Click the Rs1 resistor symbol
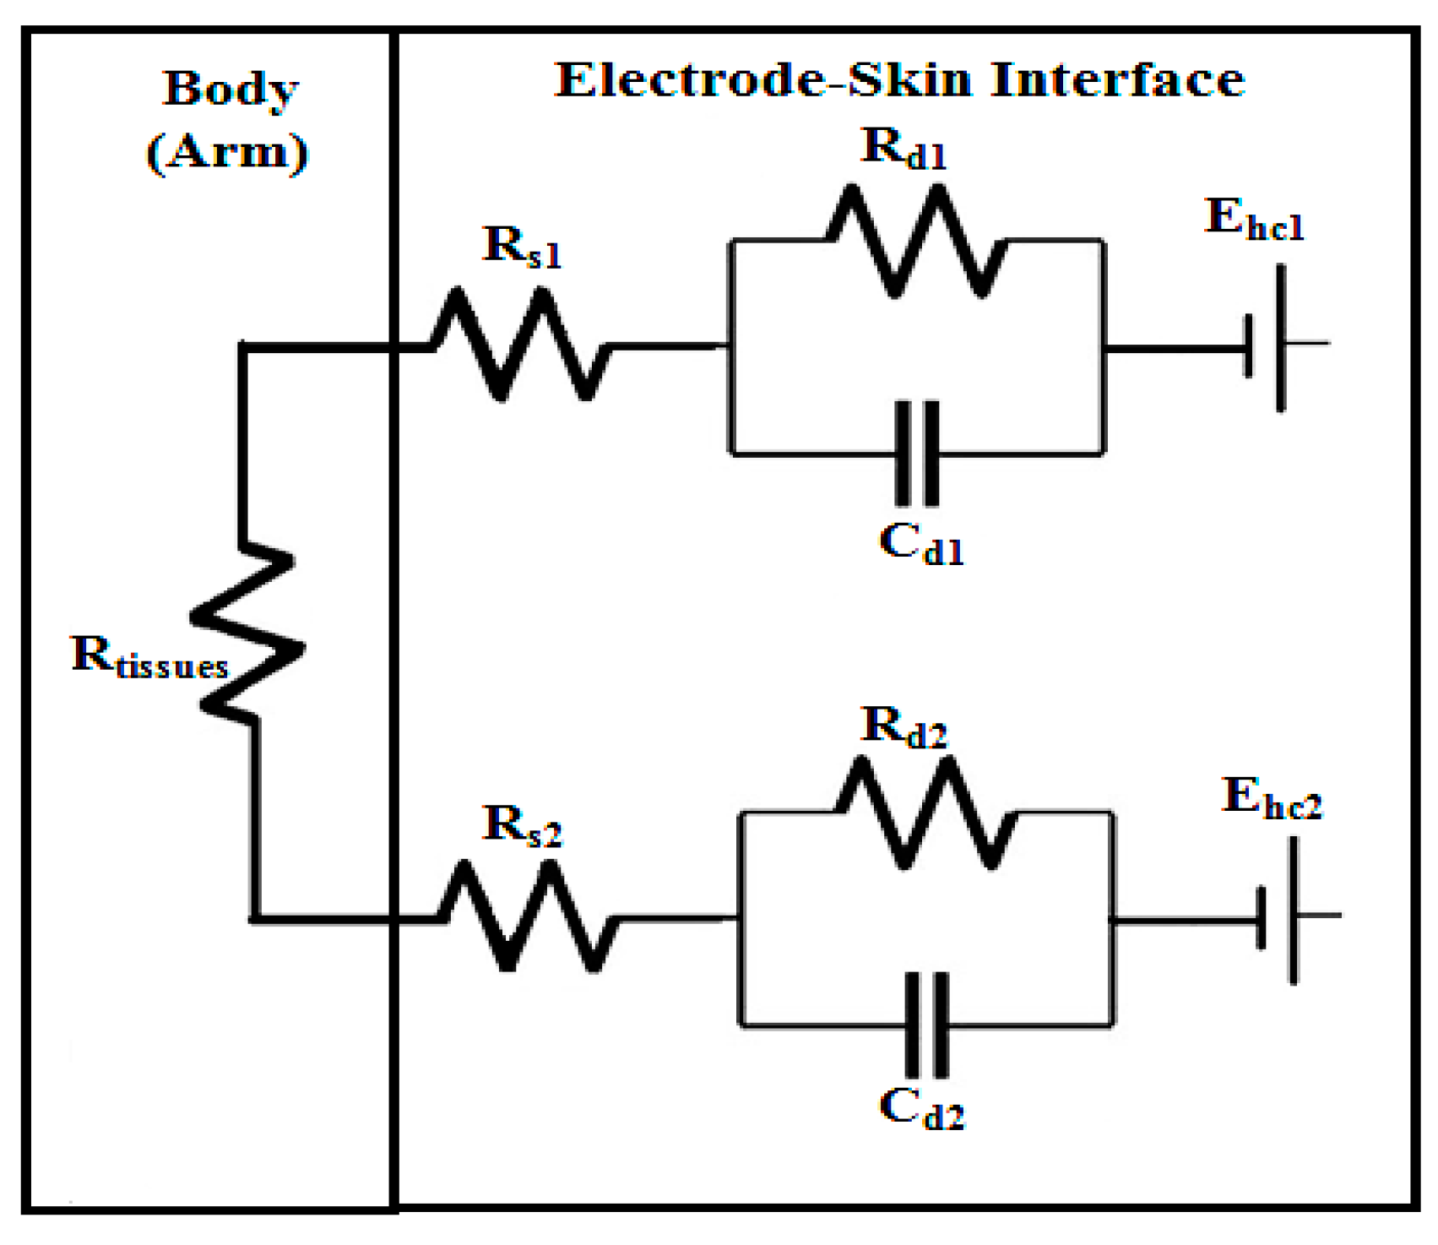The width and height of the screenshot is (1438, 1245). click(x=521, y=345)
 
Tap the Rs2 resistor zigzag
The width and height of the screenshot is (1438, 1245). click(x=528, y=917)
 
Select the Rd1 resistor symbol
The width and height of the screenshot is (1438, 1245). click(x=915, y=242)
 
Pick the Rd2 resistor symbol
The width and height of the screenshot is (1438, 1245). click(x=925, y=813)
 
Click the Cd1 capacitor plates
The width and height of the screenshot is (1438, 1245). click(x=917, y=454)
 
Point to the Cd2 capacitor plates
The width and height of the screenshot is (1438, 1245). click(x=926, y=1025)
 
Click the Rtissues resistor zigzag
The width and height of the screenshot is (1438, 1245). click(x=247, y=633)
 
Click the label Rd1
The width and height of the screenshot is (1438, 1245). click(x=903, y=149)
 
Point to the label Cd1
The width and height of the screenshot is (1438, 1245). click(x=920, y=544)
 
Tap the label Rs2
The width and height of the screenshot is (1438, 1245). click(x=521, y=826)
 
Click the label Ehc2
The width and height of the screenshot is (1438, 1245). click(x=1271, y=799)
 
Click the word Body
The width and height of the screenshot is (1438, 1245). click(x=230, y=90)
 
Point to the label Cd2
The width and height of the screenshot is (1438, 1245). click(x=920, y=1108)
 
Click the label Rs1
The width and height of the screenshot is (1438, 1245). click(x=521, y=247)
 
